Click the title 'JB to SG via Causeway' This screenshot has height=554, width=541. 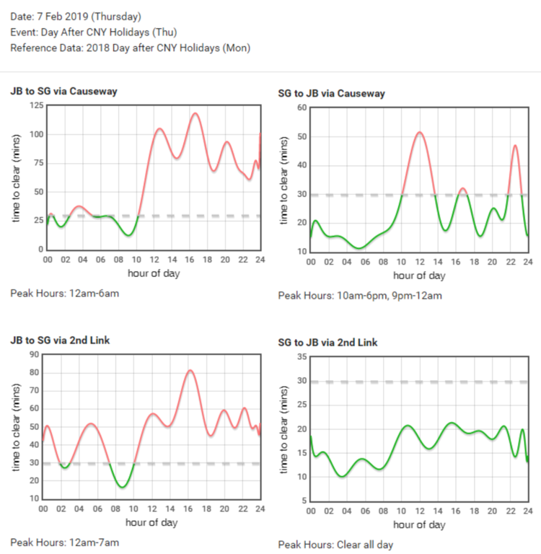click(x=63, y=92)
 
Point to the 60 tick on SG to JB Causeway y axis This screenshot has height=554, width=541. click(x=303, y=108)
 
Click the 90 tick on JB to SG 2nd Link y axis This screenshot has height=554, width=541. click(x=34, y=354)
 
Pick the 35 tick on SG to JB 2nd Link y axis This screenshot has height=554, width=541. click(x=303, y=357)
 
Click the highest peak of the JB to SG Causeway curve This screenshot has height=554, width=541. click(x=195, y=113)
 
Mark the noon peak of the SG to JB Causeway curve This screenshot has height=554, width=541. click(x=419, y=132)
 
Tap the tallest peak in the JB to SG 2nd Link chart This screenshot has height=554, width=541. click(x=190, y=371)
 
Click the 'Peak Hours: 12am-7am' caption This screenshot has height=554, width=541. click(x=64, y=542)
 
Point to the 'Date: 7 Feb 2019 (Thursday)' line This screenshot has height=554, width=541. click(x=76, y=17)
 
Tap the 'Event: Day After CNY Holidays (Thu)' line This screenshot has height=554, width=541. click(x=93, y=32)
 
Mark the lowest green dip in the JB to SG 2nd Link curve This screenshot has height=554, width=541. click(x=122, y=488)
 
